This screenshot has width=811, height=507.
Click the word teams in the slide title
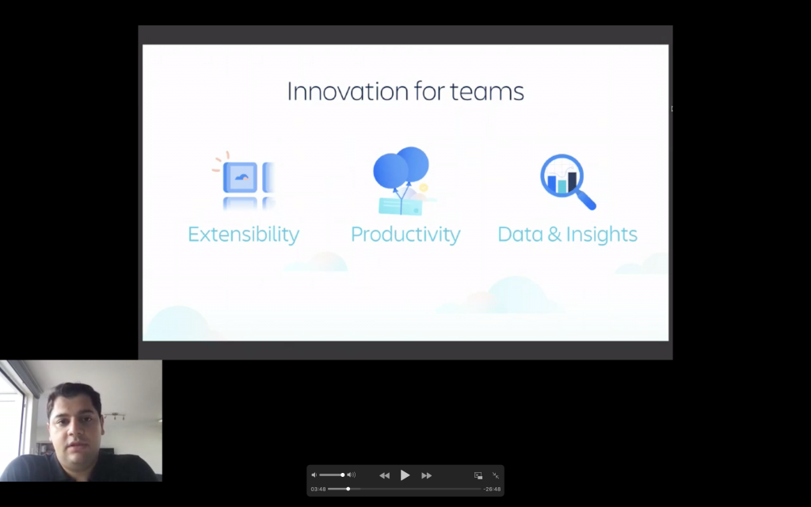coord(487,92)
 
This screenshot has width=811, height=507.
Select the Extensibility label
coord(243,234)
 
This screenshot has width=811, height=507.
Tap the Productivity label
coord(405,234)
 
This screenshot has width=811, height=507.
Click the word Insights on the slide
coord(602,234)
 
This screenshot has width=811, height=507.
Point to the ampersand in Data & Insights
coord(554,234)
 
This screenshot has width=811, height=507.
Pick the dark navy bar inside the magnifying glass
coord(572,181)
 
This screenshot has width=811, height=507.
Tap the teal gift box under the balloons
coord(400,206)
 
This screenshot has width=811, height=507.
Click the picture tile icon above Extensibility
coord(240,177)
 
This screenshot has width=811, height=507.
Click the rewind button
coord(384,475)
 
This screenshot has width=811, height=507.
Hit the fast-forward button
coord(426,475)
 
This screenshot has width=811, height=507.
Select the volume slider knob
coord(342,475)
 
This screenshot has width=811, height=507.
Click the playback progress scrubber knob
coord(348,489)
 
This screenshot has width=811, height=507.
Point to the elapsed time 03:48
coord(318,489)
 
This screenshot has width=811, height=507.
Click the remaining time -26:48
coord(492,489)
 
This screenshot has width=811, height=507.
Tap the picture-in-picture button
coord(478,475)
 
